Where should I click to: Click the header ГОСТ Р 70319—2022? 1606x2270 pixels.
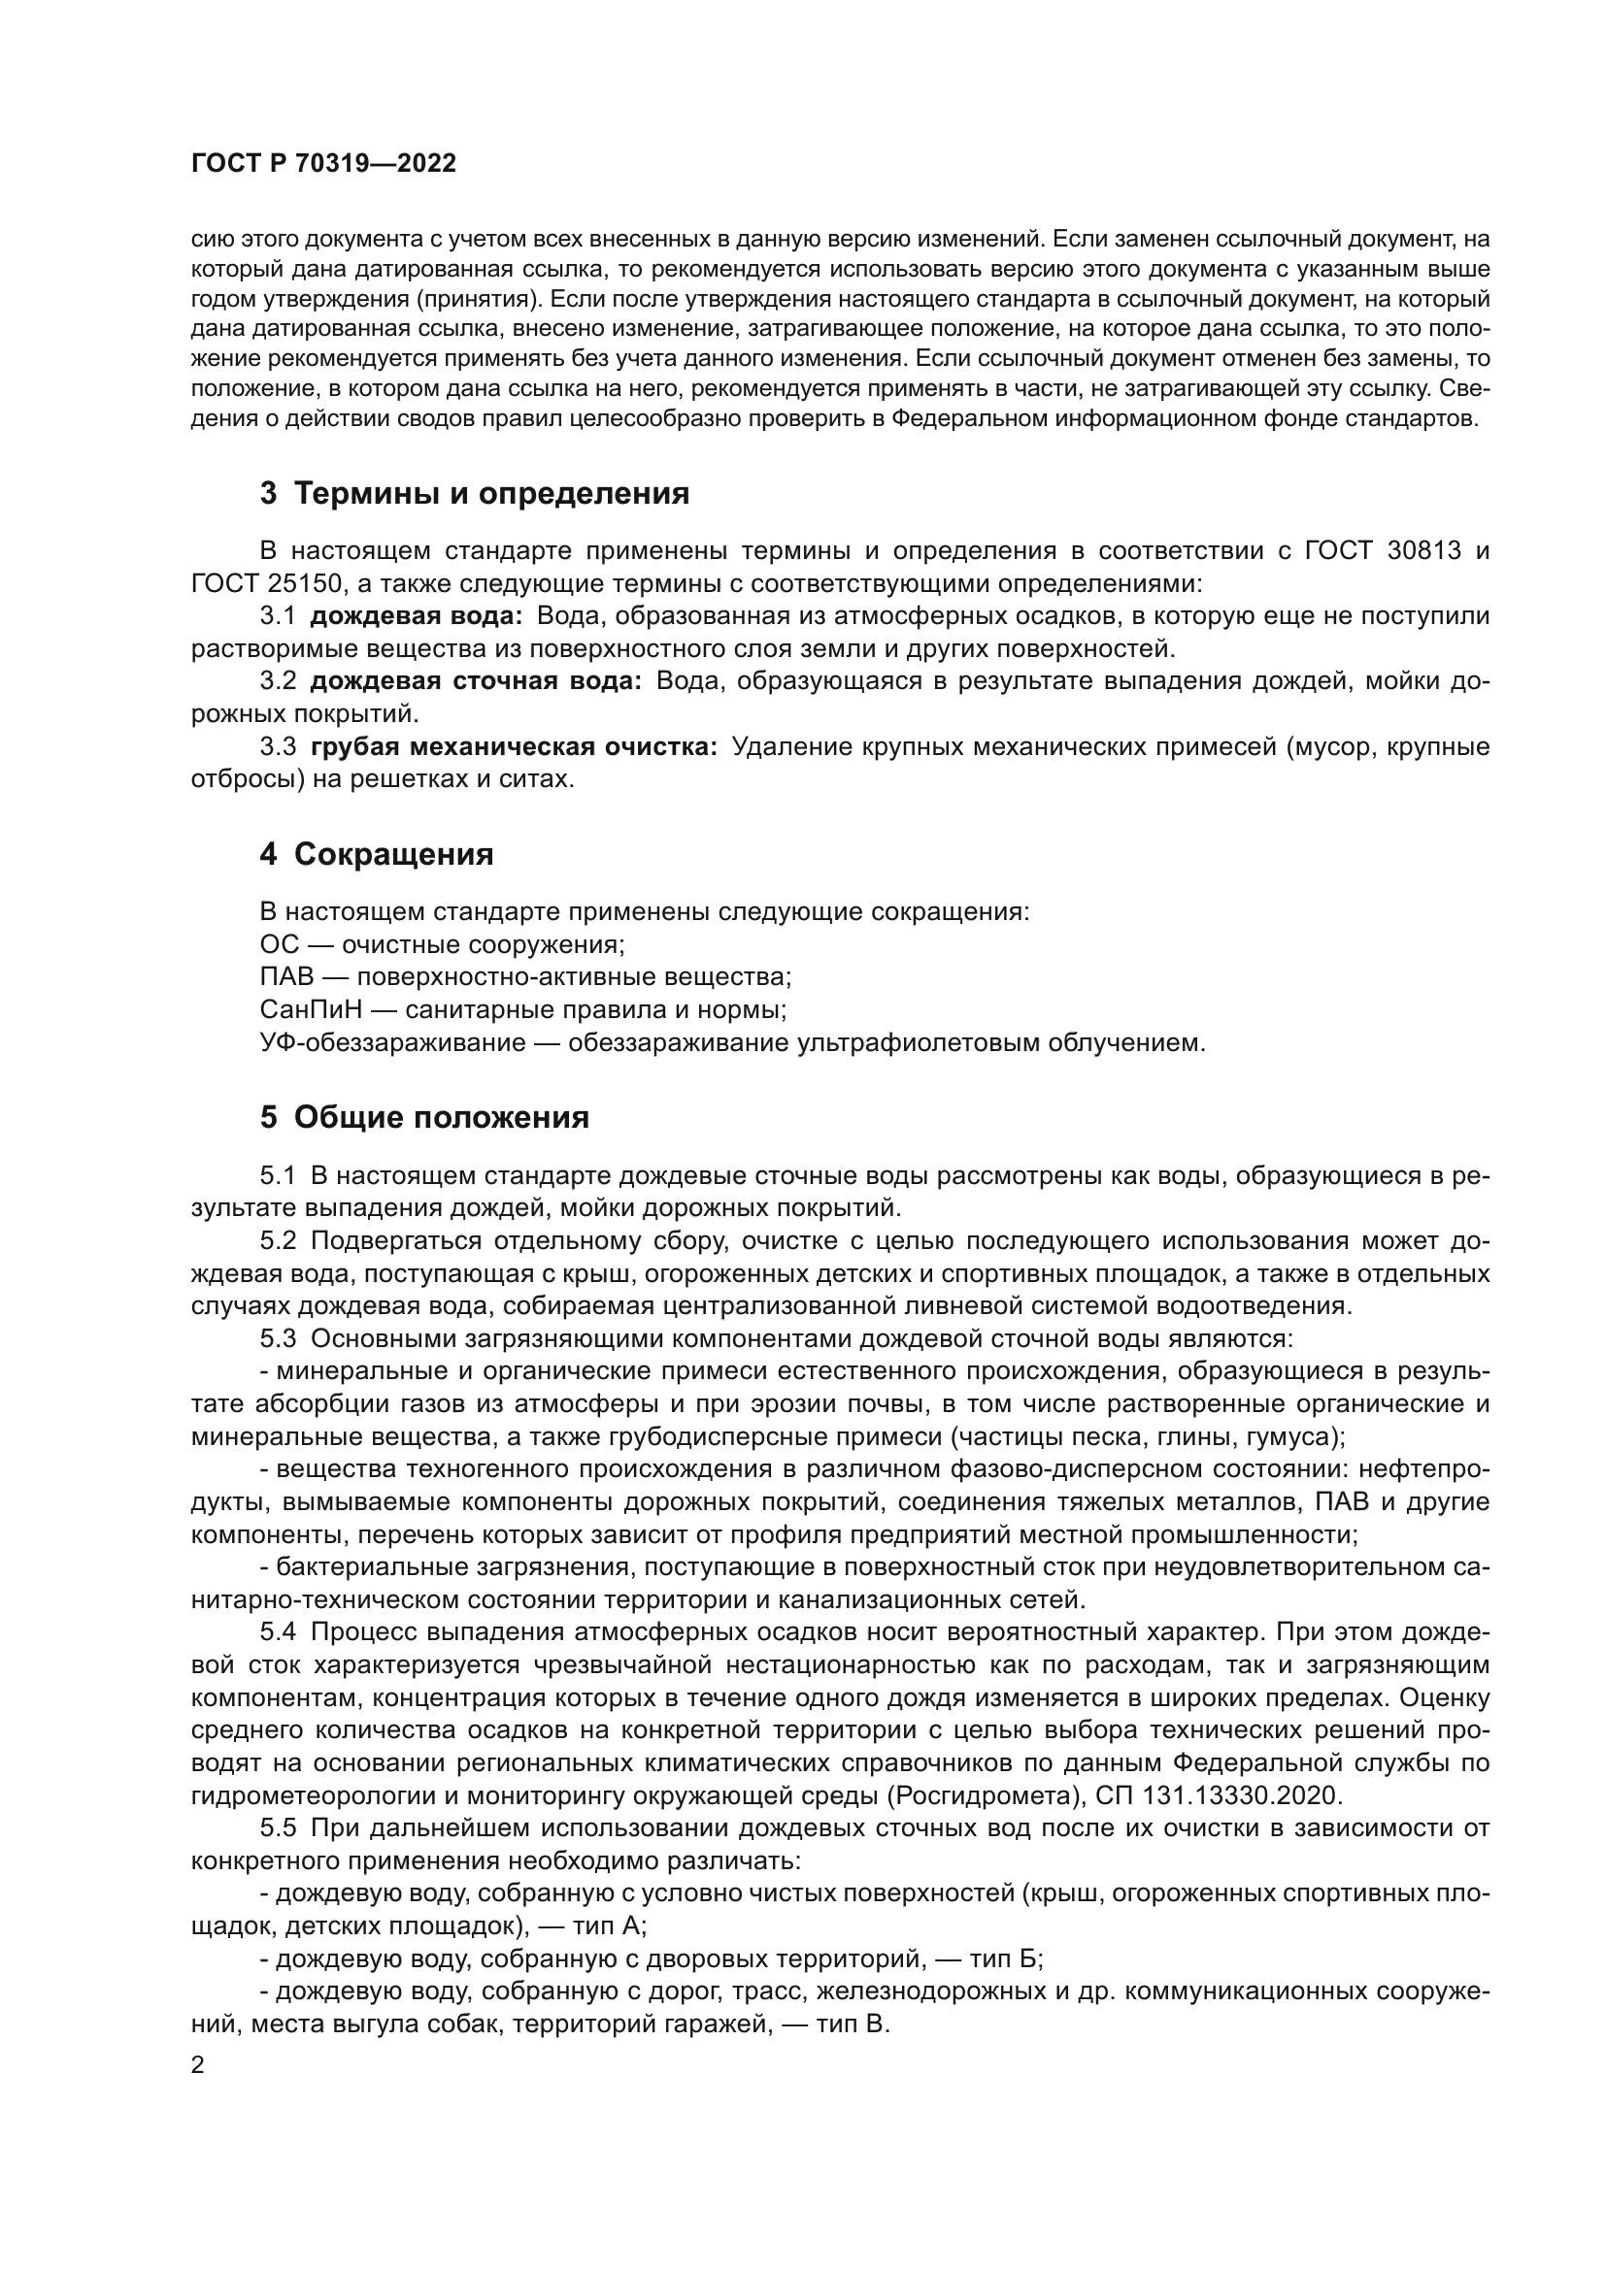pos(323,164)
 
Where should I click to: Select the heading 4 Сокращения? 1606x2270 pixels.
pos(376,854)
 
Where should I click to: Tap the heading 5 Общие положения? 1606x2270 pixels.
pos(424,1118)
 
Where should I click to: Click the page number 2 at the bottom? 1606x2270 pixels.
pos(198,2065)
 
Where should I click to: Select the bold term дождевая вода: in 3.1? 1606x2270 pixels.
pos(416,616)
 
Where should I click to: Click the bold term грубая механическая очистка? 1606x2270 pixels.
pos(514,746)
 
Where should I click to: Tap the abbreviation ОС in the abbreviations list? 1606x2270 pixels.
pos(279,945)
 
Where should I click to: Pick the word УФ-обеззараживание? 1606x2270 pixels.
pos(392,1043)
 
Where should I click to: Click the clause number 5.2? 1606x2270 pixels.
pos(278,1241)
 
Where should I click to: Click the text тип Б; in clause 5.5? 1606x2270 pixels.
pos(1006,1958)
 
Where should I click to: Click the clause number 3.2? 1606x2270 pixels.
pos(278,681)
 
